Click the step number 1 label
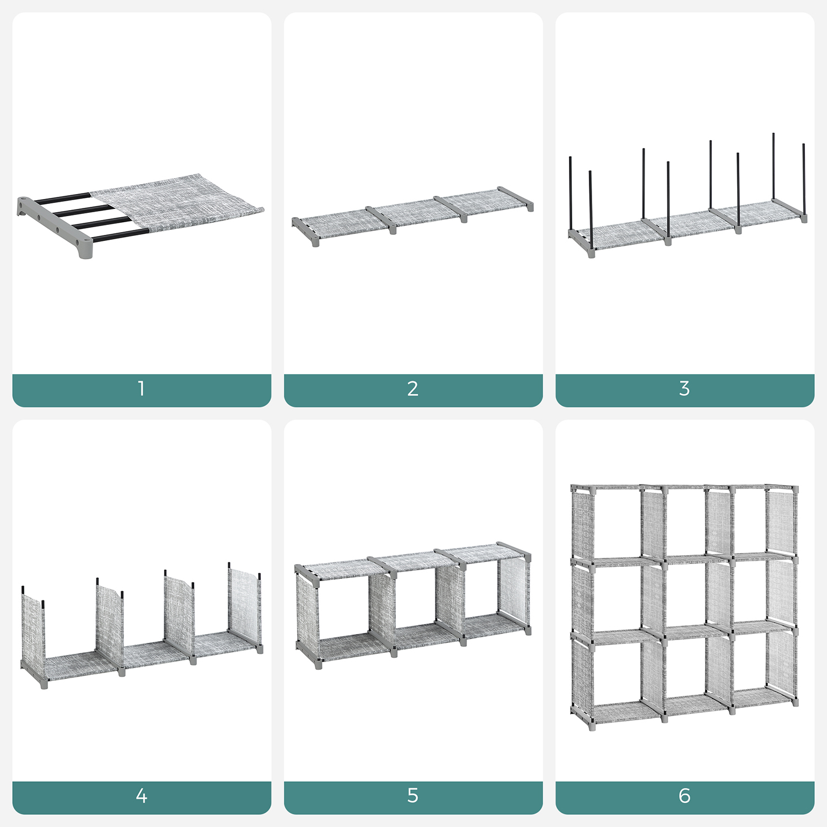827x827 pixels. point(142,389)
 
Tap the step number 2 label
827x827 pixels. point(413,389)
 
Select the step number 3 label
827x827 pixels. point(684,389)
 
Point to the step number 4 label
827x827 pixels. point(141,796)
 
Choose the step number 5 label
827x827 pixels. point(413,796)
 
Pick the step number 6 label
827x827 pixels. point(684,796)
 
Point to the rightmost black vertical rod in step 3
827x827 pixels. point(804,179)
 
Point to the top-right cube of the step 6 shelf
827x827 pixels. point(750,521)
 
